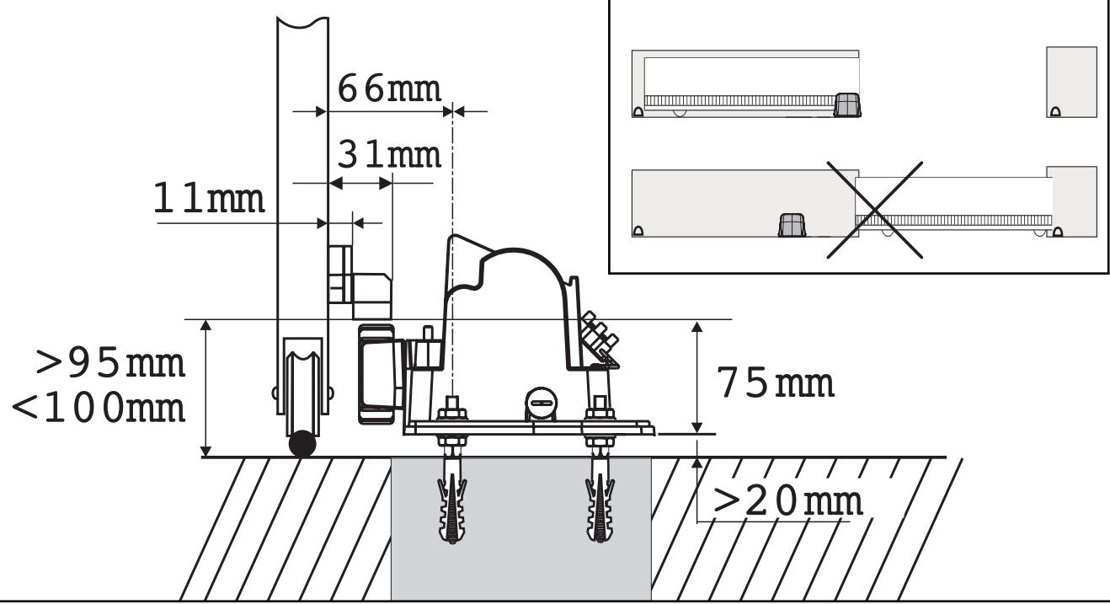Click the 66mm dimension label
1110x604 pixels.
point(388,88)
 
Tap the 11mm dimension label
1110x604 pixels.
point(209,199)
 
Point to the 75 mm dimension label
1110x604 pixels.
point(776,382)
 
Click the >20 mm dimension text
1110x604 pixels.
point(787,501)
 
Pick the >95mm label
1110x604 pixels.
point(109,364)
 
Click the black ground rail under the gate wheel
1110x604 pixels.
point(302,445)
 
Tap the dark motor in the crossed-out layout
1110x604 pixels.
point(789,225)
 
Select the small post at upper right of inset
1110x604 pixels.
point(1071,82)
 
